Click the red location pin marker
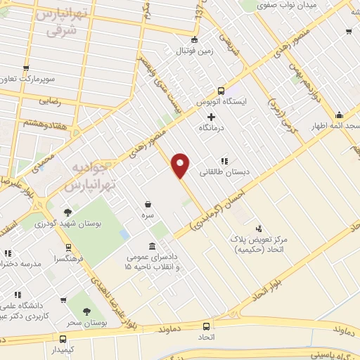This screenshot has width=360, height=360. [x=181, y=165]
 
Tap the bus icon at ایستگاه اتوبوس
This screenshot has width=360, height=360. [x=221, y=91]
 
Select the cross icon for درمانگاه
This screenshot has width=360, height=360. [x=211, y=115]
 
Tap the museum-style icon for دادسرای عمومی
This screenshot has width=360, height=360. [x=152, y=246]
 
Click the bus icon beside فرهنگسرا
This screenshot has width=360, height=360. [x=68, y=247]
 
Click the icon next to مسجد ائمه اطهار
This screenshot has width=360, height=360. [x=340, y=114]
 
